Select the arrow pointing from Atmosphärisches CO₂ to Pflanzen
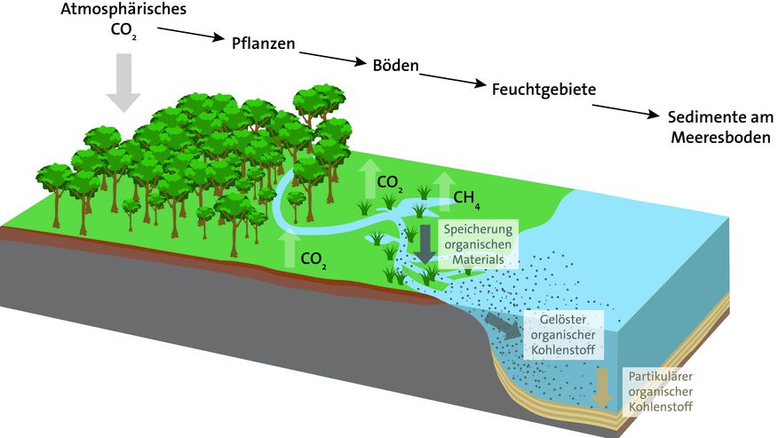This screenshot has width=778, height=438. pyautogui.click(x=190, y=36)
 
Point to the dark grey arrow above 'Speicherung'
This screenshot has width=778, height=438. pyautogui.click(x=425, y=243)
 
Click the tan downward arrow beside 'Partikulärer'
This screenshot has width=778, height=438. pyautogui.click(x=604, y=386)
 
